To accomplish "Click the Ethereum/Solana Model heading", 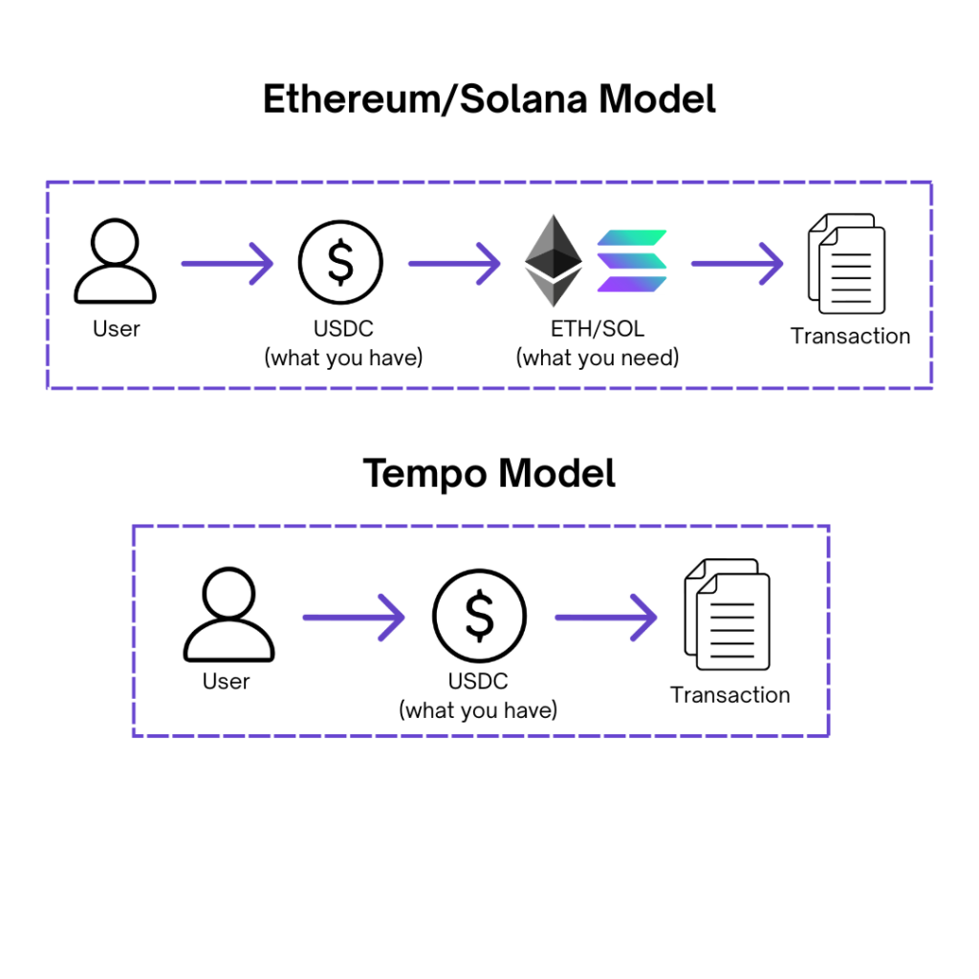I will click(x=489, y=99).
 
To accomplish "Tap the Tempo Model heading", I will click(x=489, y=473).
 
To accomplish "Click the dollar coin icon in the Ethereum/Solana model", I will click(x=340, y=262).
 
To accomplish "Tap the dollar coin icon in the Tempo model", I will click(x=479, y=617).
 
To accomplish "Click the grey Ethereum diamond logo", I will click(x=554, y=261).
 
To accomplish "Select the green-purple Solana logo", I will click(x=632, y=261).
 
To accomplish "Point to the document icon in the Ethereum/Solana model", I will click(x=846, y=264).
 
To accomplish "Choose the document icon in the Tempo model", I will click(x=728, y=614).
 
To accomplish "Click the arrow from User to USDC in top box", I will click(x=228, y=262).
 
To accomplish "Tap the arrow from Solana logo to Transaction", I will click(x=737, y=262).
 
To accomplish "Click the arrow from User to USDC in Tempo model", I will click(x=354, y=618).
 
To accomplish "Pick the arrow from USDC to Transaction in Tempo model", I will click(x=606, y=618).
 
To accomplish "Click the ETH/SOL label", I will click(x=598, y=329).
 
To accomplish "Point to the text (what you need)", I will click(x=598, y=358).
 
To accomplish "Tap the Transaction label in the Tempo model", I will click(x=729, y=695).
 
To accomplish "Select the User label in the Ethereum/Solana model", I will click(x=116, y=329).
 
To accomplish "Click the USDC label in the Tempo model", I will click(x=478, y=682).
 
